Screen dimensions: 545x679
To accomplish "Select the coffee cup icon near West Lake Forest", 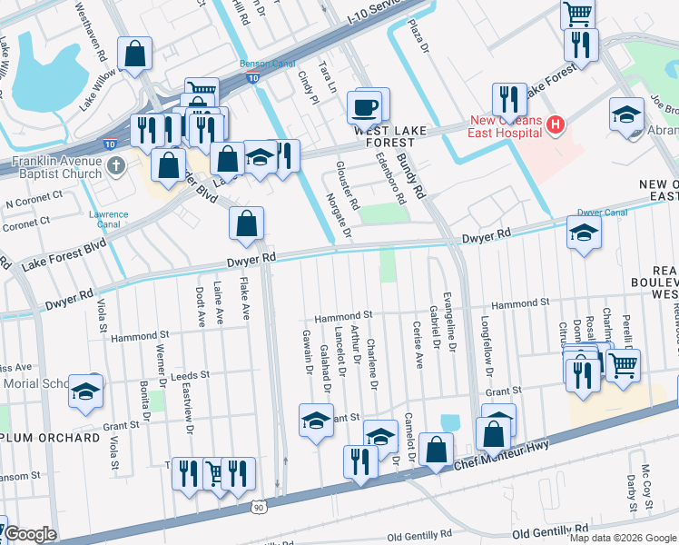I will coord(366,107).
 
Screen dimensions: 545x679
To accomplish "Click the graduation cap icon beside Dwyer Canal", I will coord(584,233).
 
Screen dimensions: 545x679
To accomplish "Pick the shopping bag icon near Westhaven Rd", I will coord(135,54).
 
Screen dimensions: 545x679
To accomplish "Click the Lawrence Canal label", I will coord(108,220).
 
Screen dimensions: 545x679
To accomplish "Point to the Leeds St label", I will coord(190,374).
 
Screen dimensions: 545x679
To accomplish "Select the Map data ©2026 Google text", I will coord(622,538).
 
